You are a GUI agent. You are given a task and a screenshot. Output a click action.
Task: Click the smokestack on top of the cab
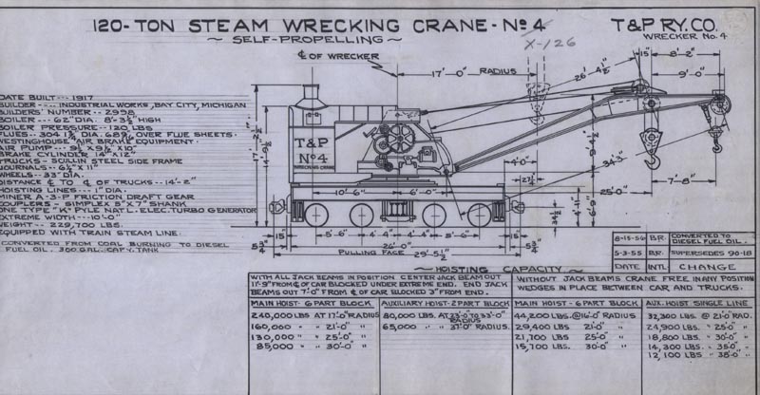click(309, 95)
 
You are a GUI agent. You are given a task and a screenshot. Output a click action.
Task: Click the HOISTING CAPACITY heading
click(457, 271)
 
